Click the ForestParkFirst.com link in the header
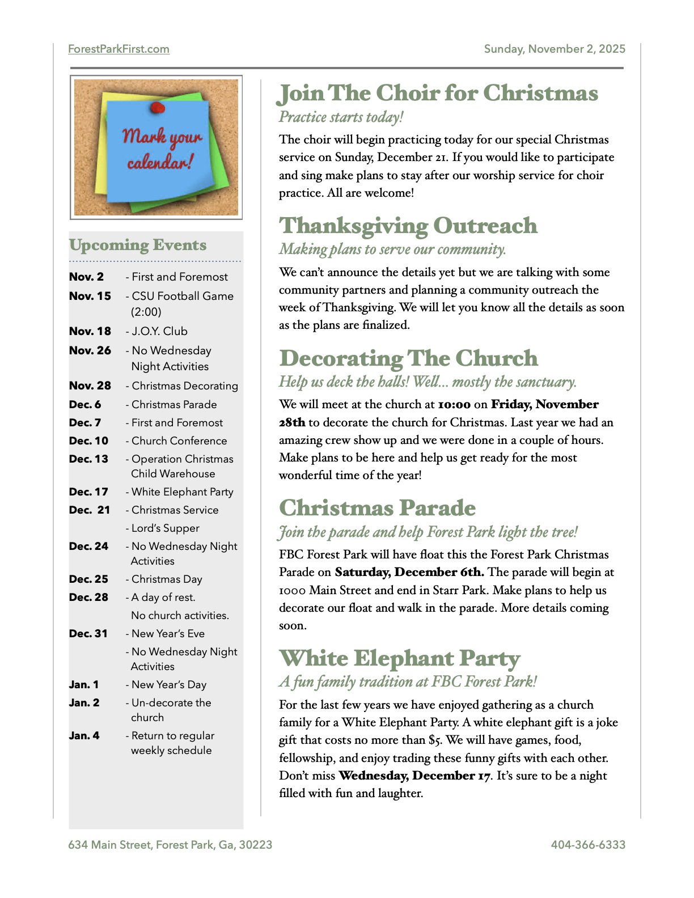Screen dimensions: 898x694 pyautogui.click(x=119, y=49)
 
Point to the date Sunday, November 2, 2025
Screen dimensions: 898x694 pyautogui.click(x=555, y=49)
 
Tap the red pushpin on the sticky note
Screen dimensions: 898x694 pyautogui.click(x=157, y=107)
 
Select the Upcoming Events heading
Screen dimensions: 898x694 pyautogui.click(x=138, y=245)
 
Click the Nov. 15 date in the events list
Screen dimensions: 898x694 pyautogui.click(x=90, y=296)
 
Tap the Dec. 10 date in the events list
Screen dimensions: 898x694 pyautogui.click(x=88, y=440)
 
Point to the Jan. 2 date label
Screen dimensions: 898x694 pyautogui.click(x=84, y=702)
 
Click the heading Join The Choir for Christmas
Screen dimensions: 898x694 pyautogui.click(x=438, y=94)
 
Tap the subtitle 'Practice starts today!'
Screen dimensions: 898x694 pyautogui.click(x=341, y=117)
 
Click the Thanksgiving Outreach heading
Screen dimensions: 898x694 pyautogui.click(x=408, y=226)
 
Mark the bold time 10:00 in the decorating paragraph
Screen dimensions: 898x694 pyautogui.click(x=454, y=404)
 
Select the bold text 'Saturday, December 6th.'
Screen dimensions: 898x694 pyautogui.click(x=409, y=572)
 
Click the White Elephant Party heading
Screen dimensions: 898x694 pyautogui.click(x=399, y=658)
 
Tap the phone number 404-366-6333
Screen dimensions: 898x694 pyautogui.click(x=588, y=845)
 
